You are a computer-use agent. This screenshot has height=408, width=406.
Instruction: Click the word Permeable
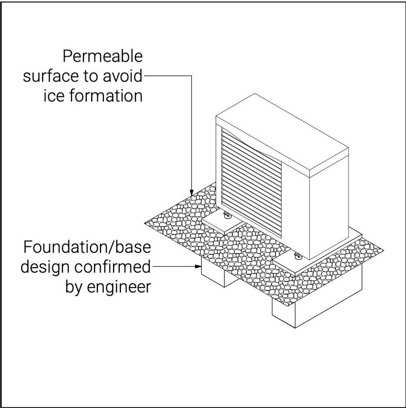pos(103,57)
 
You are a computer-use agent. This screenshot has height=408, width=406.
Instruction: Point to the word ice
pos(54,96)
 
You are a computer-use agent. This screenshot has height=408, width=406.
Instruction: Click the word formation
pos(106,96)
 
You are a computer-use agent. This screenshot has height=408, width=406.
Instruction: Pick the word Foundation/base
pos(87,247)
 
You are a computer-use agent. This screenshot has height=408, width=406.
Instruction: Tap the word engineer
pos(119,287)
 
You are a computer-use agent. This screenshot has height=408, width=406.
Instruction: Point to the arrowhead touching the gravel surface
pos(192,193)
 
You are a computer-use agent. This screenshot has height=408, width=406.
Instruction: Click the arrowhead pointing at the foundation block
pos(198,266)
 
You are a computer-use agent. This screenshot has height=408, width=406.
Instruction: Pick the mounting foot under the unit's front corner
pos(297,256)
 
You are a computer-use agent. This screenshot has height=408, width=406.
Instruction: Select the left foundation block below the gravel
pos(220,276)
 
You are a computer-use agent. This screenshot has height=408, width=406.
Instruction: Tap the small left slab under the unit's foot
pos(223,224)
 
